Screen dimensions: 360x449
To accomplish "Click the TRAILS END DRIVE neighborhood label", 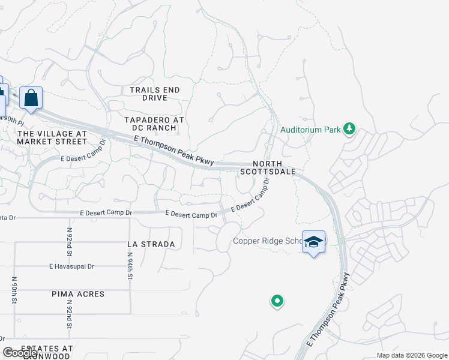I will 154,94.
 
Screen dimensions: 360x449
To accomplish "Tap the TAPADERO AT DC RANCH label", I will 154,124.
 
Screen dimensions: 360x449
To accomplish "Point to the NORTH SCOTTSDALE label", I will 267,167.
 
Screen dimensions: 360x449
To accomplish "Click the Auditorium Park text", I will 309,129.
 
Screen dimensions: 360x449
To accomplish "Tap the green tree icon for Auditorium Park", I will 349,129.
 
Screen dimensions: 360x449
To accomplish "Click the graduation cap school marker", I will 313,242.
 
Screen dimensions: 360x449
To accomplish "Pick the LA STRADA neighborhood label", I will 151,244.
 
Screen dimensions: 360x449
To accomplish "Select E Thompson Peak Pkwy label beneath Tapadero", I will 174,149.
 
